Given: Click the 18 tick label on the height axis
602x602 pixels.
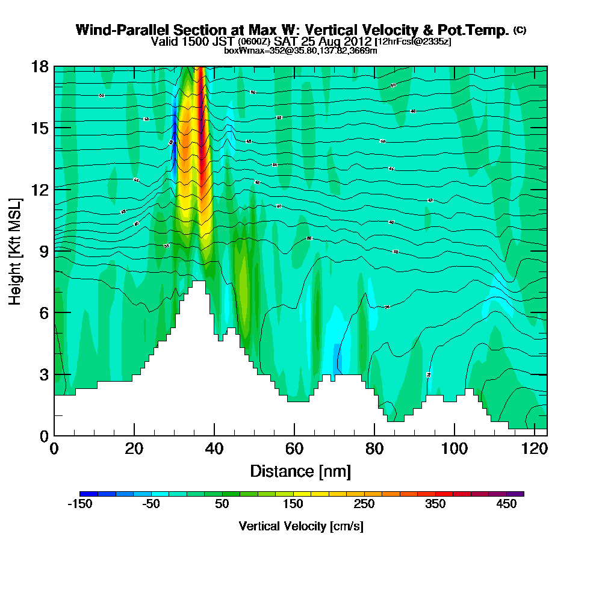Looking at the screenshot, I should tap(40, 67).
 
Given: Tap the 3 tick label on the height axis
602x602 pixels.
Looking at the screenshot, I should tap(43, 374).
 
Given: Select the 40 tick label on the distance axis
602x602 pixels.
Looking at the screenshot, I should tap(214, 450).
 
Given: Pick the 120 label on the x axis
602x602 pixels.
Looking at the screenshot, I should tap(535, 450).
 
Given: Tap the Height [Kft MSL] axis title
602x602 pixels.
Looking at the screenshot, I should tap(16, 250).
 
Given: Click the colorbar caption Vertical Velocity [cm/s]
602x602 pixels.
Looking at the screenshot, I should tap(300, 526).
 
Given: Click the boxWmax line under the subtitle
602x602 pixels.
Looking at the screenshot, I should tap(300, 51).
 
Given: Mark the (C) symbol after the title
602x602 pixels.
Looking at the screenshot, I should tap(520, 29).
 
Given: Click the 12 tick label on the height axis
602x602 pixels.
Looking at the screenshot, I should tap(40, 189).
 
